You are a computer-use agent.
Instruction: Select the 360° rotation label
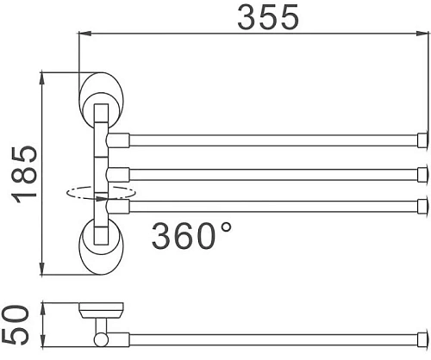(191, 233)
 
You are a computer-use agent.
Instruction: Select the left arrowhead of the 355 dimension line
(84, 34)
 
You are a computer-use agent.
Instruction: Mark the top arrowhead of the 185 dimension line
(42, 78)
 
